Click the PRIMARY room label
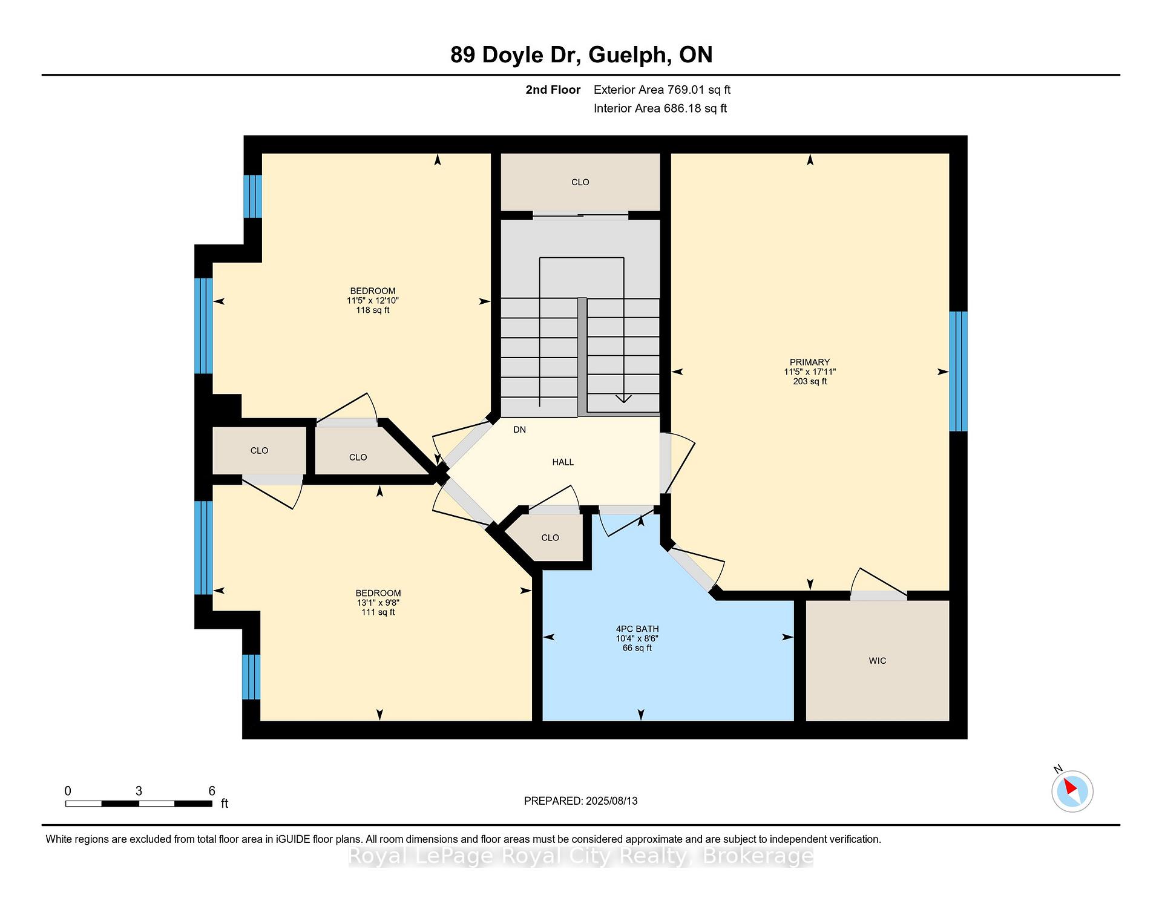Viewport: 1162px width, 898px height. point(810,362)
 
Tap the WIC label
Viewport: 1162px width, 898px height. point(878,661)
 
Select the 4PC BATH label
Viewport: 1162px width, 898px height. point(637,629)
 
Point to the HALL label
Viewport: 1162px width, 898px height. point(563,462)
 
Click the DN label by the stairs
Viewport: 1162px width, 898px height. point(519,430)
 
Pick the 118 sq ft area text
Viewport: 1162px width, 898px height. point(373,310)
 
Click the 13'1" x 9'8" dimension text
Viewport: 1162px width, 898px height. point(378,603)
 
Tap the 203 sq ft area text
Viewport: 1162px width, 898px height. point(810,381)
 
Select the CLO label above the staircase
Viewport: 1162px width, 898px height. point(580,182)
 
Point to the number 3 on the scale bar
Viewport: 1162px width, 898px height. point(139,791)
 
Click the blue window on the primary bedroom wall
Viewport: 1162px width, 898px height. point(958,371)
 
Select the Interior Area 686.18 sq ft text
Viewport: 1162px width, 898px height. point(660,108)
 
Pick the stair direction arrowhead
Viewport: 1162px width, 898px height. point(623,398)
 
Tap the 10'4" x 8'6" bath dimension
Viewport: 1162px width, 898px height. point(637,638)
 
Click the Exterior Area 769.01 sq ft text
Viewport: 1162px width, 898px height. point(662,90)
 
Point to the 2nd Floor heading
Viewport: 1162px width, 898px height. point(553,90)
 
